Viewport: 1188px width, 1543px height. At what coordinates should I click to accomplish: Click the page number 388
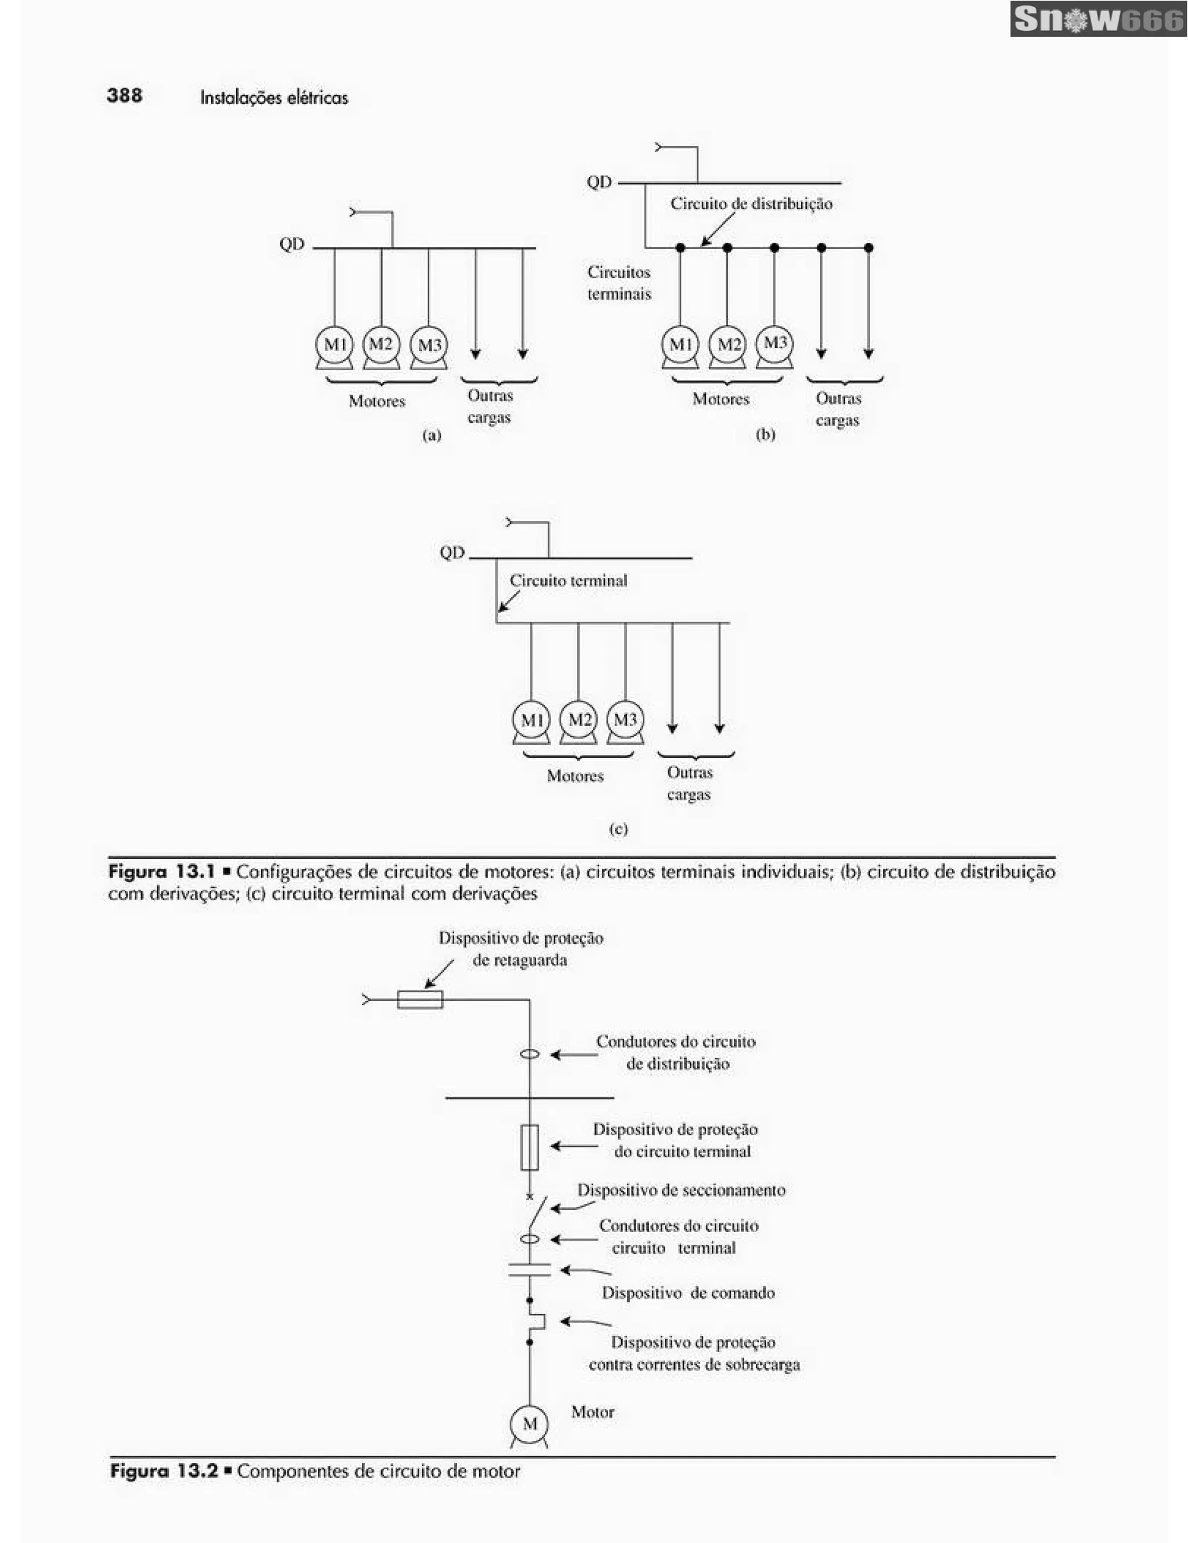coord(124,95)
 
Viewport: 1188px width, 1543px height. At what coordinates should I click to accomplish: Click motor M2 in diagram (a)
coord(381,344)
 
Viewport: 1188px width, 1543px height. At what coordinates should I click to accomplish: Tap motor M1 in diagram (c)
coord(531,719)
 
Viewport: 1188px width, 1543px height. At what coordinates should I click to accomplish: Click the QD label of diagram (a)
coord(292,244)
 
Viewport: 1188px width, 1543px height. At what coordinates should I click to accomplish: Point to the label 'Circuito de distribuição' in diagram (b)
coord(751,204)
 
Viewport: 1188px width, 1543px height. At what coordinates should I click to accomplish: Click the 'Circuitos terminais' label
coord(619,282)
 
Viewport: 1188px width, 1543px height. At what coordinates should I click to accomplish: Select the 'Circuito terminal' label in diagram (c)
coord(568,581)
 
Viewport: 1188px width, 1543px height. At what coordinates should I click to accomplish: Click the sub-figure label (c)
coord(618,829)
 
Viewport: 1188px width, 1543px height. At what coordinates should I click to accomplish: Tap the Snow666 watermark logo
coord(1098,19)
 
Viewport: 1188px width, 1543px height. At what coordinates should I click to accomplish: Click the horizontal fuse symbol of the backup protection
coord(419,999)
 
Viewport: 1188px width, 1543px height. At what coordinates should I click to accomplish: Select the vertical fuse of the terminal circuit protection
coord(529,1147)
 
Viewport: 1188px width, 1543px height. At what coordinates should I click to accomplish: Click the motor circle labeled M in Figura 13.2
coord(529,1424)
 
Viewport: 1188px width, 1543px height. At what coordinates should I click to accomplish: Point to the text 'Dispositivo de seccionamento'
coord(681,1190)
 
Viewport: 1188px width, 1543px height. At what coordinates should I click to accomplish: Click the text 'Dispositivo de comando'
coord(688,1293)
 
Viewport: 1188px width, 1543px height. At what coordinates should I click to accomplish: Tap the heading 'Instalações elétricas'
coord(274,97)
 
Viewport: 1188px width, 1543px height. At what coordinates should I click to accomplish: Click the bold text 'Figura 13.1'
coord(162,871)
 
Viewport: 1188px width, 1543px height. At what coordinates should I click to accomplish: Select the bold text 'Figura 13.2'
coord(164,1471)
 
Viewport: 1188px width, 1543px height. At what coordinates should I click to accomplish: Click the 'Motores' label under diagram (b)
coord(720,399)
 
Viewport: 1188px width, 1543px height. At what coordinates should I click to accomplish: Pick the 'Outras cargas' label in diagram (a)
coord(490,406)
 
